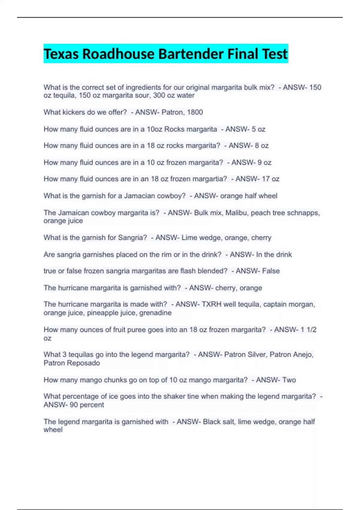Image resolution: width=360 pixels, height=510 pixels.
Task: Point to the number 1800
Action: pyautogui.click(x=195, y=112)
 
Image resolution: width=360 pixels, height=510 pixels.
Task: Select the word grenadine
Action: pyautogui.click(x=157, y=313)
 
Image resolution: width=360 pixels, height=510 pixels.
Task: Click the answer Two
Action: pyautogui.click(x=289, y=380)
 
